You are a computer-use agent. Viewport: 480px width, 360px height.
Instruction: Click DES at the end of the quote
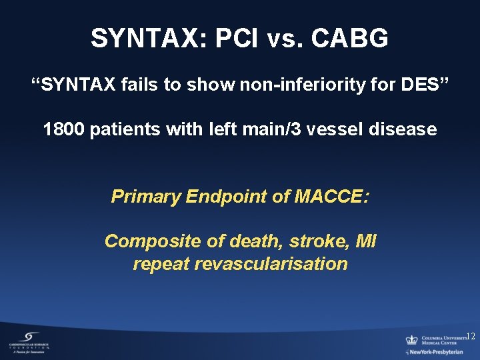424,85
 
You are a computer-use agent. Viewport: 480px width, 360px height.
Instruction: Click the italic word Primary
146,197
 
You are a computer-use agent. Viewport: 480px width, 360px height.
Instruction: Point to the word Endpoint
223,197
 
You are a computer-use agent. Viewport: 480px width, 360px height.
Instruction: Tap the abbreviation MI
366,241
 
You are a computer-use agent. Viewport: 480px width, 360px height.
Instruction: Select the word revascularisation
271,264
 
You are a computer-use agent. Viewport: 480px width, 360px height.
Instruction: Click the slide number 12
471,336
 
